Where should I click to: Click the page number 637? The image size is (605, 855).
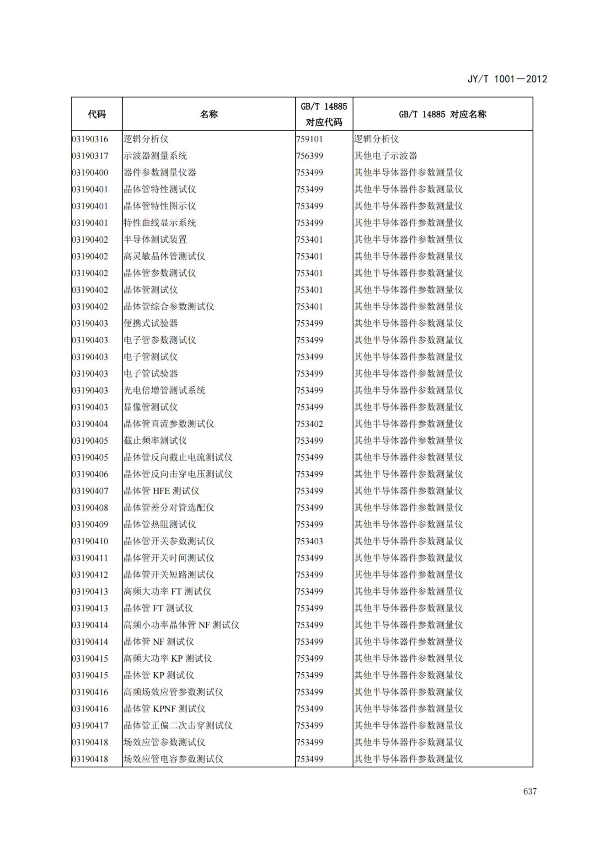[x=530, y=791]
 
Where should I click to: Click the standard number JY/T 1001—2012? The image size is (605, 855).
[x=507, y=79]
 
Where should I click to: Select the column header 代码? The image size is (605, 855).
[x=96, y=114]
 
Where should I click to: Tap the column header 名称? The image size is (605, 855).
[x=209, y=114]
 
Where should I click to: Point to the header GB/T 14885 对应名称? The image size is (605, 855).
[x=442, y=114]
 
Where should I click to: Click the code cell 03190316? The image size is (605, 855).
[x=90, y=139]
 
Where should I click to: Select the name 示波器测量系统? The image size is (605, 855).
[x=155, y=156]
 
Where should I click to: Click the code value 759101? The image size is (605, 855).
[x=310, y=139]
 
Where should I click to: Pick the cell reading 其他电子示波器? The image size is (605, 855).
[x=385, y=156]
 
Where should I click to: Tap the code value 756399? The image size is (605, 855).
[x=310, y=156]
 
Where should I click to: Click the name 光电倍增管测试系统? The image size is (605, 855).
[x=164, y=390]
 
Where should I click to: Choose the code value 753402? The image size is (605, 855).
[x=310, y=424]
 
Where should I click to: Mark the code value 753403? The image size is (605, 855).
[x=310, y=541]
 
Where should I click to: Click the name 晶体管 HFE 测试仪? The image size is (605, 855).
[x=161, y=491]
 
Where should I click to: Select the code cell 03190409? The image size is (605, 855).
[x=90, y=525]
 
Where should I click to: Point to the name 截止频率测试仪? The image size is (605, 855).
[x=155, y=441]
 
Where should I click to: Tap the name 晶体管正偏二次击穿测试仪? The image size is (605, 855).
[x=178, y=725]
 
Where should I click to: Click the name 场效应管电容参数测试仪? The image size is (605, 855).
[x=173, y=759]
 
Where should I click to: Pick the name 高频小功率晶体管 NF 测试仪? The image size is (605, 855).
[x=181, y=625]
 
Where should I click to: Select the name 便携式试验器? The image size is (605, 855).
[x=150, y=324]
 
